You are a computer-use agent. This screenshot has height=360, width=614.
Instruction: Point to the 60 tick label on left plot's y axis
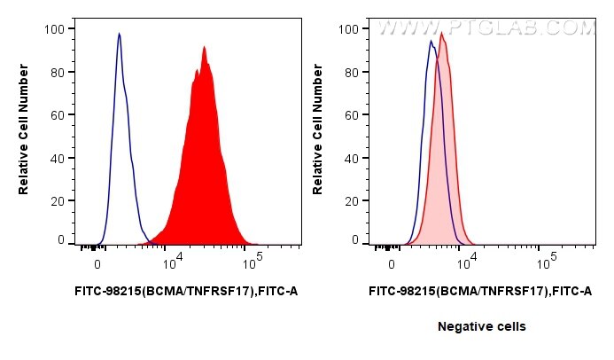click(x=55, y=115)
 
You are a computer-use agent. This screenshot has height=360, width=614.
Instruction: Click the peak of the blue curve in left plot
click(x=119, y=34)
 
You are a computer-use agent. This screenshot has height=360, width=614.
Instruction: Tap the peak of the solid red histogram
click(x=204, y=47)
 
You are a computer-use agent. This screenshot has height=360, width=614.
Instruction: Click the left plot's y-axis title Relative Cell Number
click(x=25, y=134)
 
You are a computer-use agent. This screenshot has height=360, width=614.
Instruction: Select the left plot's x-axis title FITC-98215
click(x=185, y=290)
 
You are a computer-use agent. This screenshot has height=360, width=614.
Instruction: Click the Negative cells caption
click(x=481, y=326)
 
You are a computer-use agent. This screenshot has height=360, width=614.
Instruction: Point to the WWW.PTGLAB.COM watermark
click(x=486, y=28)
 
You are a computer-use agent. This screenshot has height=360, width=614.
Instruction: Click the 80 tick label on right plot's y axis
click(x=349, y=73)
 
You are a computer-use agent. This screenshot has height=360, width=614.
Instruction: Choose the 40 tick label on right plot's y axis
click(x=349, y=159)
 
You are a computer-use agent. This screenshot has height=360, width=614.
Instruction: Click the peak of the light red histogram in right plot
click(x=441, y=34)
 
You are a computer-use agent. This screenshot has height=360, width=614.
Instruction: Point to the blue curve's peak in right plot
click(x=431, y=41)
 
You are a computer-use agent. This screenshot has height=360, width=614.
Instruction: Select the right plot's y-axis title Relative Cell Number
click(x=319, y=134)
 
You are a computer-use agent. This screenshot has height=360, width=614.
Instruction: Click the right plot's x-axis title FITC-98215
click(x=479, y=290)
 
